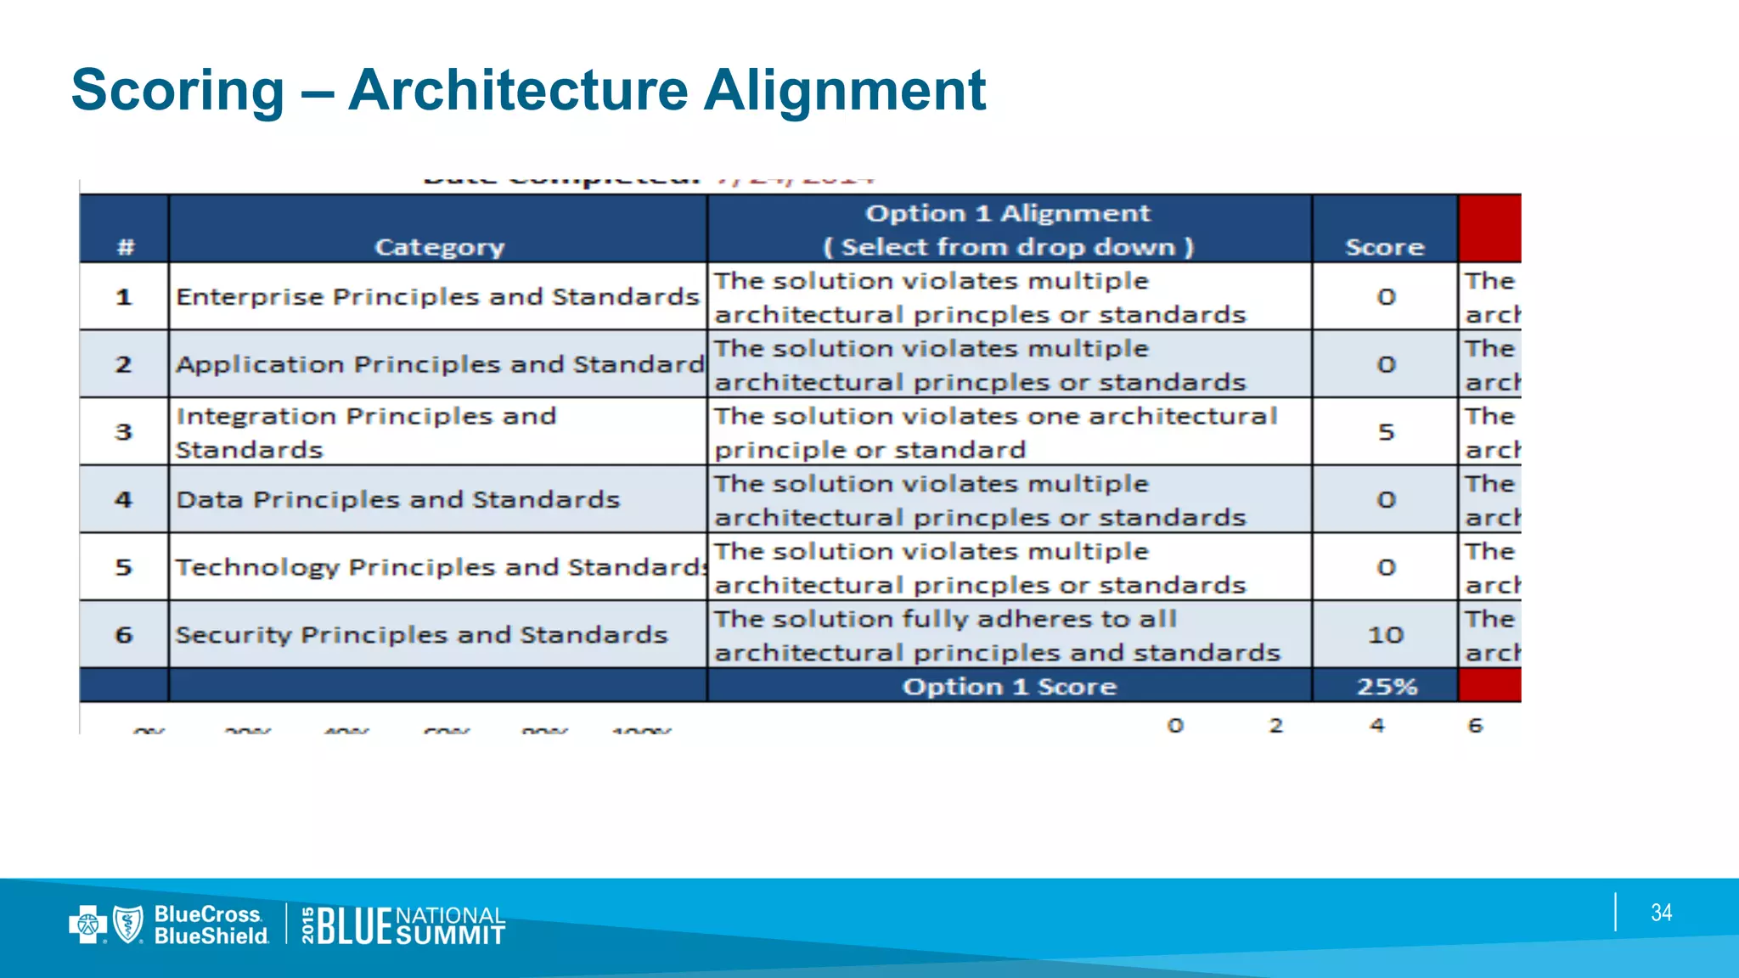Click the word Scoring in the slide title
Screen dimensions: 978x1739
(177, 90)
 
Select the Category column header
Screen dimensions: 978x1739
(439, 247)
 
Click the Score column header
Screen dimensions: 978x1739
(1384, 247)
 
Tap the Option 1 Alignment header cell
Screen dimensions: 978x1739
(1008, 229)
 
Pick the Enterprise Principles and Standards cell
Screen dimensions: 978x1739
(437, 296)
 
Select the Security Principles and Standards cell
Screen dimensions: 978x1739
(421, 635)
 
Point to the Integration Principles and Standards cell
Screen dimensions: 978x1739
(365, 432)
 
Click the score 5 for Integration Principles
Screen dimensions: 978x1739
(1386, 432)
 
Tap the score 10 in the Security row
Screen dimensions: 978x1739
(1385, 635)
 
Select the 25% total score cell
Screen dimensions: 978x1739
(1386, 686)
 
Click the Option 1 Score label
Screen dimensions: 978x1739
(1009, 686)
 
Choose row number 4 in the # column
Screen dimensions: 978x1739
(124, 499)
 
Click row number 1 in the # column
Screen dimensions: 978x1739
(124, 297)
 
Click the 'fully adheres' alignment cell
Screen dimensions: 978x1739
(996, 635)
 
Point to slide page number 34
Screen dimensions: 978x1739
(1661, 913)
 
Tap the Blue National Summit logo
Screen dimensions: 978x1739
(405, 925)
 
